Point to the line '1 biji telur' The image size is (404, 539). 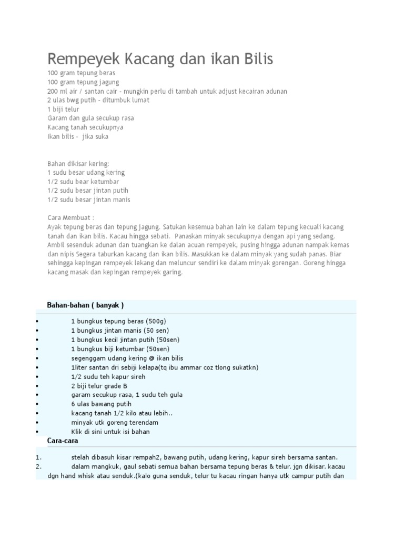[63, 109]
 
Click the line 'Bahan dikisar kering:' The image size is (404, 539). [78, 164]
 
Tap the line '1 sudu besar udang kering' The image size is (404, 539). [86, 173]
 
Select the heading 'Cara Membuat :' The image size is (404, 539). [70, 217]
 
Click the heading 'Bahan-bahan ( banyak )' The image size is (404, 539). [85, 305]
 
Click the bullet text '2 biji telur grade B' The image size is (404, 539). [99, 386]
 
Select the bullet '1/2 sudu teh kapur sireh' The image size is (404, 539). [108, 377]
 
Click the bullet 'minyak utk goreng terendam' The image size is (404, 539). [115, 422]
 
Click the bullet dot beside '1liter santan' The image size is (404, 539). [38, 367]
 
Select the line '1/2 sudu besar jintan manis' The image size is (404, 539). [89, 199]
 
